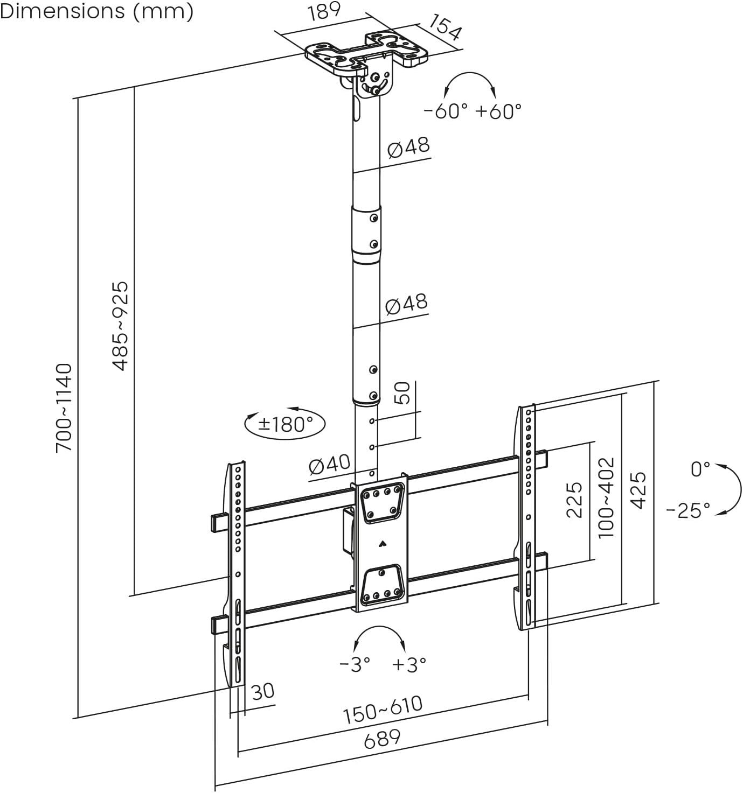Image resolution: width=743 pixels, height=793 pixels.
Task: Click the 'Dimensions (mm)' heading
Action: (x=97, y=11)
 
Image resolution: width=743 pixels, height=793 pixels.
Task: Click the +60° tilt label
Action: (x=499, y=111)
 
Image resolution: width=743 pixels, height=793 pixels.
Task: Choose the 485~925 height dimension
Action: (x=121, y=326)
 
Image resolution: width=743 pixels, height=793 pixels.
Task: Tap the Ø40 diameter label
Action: (x=329, y=464)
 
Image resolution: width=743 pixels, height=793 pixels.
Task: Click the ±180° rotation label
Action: (x=285, y=424)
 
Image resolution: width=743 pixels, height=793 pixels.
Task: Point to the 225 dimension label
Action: (x=575, y=499)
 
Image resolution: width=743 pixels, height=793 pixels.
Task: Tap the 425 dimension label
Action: (x=638, y=490)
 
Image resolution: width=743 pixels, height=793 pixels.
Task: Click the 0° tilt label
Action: (x=700, y=469)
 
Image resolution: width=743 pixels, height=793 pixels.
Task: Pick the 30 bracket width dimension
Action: (x=263, y=691)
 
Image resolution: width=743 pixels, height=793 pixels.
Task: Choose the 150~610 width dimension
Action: (x=383, y=710)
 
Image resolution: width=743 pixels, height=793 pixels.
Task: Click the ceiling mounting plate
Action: (x=366, y=54)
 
